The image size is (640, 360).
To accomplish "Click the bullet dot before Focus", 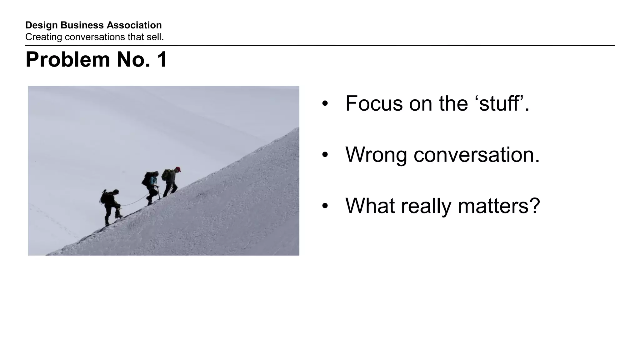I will [x=325, y=104].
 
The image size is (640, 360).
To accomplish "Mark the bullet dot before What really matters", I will [x=325, y=206].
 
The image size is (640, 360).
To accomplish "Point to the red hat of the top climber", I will [x=178, y=169].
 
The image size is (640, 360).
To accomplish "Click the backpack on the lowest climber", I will [x=104, y=197].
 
